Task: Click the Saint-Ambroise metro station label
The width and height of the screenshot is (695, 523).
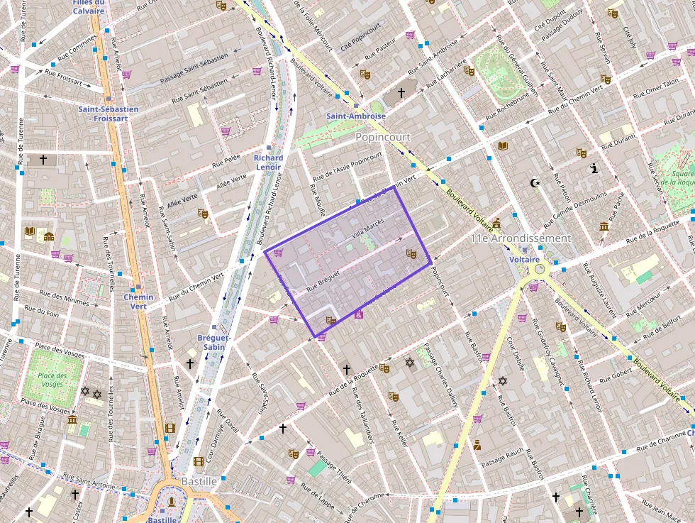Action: point(356,116)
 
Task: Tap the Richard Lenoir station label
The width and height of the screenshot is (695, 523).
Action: point(268,163)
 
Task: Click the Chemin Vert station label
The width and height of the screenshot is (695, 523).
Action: point(138,302)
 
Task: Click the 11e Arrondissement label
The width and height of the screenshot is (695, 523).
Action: point(521,238)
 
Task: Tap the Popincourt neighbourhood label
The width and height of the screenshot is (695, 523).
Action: point(383,136)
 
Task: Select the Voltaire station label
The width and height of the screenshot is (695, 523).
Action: point(525,260)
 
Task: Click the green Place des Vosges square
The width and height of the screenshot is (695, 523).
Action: point(52,380)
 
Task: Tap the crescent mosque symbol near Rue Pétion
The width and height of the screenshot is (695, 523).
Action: point(535,183)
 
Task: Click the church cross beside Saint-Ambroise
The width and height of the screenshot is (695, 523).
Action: point(401,93)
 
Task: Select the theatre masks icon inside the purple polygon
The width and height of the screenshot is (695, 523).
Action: point(410,253)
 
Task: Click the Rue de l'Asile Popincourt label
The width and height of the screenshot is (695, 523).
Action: point(347,164)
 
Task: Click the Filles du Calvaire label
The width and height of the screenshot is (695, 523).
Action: point(88,6)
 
